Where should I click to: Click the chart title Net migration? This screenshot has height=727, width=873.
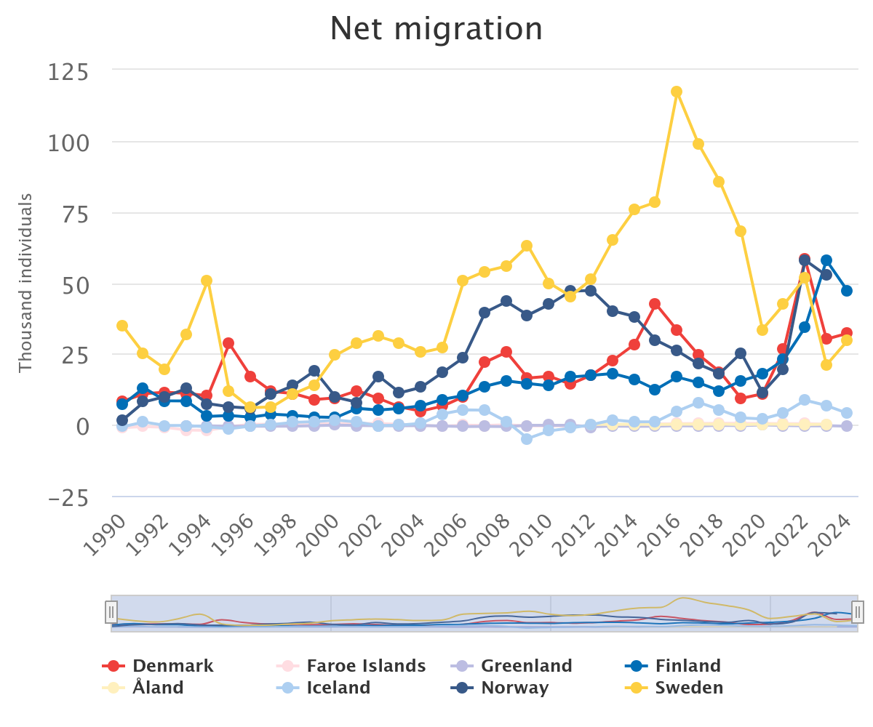tap(436, 28)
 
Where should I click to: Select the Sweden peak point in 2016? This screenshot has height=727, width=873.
tap(677, 92)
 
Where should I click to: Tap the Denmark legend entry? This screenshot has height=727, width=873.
tap(158, 666)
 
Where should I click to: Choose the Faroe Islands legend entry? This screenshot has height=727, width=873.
tap(351, 666)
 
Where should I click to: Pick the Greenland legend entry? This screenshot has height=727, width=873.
tap(511, 666)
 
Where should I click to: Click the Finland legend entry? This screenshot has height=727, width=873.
tap(673, 666)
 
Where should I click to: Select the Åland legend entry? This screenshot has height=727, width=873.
tap(143, 687)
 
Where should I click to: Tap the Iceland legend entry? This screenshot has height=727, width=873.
tap(324, 687)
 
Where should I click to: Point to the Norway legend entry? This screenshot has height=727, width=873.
tap(500, 687)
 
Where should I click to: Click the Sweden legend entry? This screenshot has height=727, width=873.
tap(674, 687)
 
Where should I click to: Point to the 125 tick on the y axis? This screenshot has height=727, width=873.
tap(68, 72)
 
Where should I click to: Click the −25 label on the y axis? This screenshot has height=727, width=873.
tap(68, 498)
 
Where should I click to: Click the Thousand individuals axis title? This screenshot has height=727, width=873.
tap(25, 283)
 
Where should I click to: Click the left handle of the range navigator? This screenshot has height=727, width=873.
tap(111, 612)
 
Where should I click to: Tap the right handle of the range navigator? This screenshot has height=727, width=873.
tap(857, 612)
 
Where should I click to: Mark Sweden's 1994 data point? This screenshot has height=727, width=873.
tap(207, 281)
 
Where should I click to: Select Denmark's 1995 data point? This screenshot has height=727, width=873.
tap(228, 343)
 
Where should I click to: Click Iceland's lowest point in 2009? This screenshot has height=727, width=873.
tap(527, 438)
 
